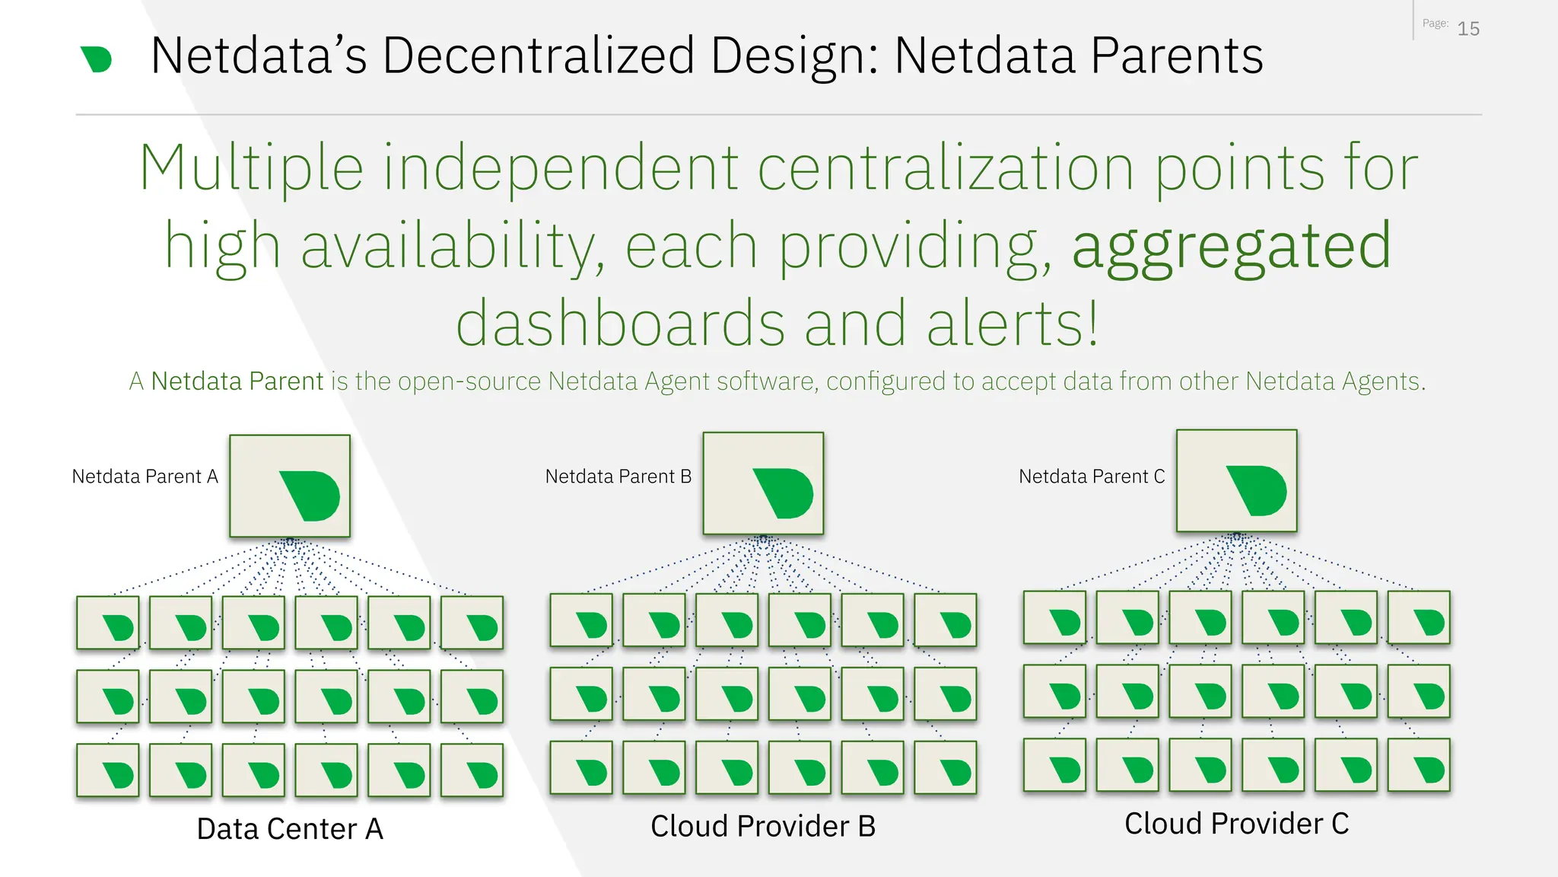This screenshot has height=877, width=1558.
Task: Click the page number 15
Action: pos(1467,29)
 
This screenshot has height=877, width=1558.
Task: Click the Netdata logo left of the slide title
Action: pos(97,59)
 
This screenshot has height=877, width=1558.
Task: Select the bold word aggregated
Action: pos(1232,247)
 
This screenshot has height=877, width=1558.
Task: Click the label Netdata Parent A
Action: pos(145,477)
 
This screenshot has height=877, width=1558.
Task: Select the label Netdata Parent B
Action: pos(618,477)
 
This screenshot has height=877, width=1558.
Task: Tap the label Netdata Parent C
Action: pos(1092,477)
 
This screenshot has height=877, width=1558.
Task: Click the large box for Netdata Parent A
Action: pos(290,486)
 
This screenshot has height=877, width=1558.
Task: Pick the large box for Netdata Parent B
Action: pos(763,483)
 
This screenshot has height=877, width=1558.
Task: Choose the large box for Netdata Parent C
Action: pos(1236,480)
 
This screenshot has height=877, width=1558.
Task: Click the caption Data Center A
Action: pos(290,829)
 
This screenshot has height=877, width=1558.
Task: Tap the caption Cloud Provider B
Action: pos(763,826)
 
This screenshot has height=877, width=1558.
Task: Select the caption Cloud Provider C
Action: pos(1236,824)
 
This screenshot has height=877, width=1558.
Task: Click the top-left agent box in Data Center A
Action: pos(108,623)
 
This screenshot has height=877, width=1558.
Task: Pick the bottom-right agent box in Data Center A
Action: pos(472,770)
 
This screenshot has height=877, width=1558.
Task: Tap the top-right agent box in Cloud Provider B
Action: pos(945,620)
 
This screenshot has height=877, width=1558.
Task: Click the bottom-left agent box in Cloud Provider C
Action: pos(1054,765)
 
